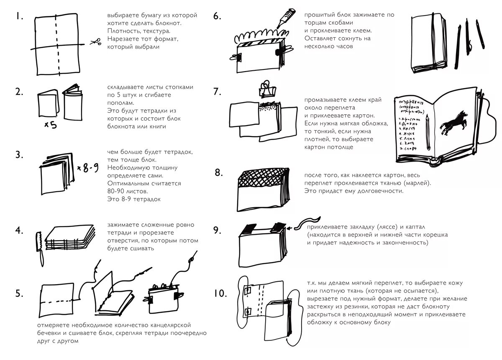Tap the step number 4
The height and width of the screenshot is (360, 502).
(x=19, y=230)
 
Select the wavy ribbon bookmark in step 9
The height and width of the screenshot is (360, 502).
(x=307, y=222)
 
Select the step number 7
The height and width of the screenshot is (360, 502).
(x=217, y=91)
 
